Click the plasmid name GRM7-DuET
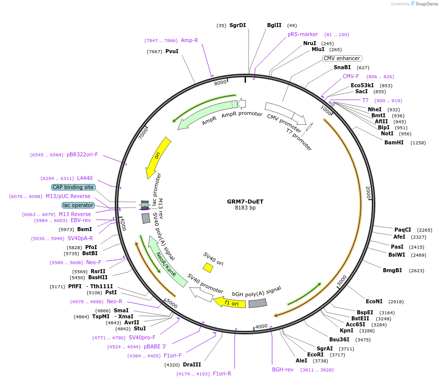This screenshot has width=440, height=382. (x=245, y=202)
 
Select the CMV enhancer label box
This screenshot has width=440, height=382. (x=342, y=58)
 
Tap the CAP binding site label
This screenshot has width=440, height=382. (x=73, y=187)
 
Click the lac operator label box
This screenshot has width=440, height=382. (x=78, y=205)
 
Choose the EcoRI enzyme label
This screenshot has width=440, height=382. (x=308, y=355)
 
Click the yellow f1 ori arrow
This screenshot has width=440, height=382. (x=230, y=302)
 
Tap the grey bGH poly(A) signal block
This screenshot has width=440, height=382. (x=258, y=303)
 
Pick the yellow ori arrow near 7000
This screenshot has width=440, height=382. (x=157, y=158)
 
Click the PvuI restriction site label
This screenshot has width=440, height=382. (x=172, y=51)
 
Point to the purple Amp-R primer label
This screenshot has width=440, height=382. (x=189, y=40)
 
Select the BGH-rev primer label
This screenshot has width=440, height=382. (x=283, y=369)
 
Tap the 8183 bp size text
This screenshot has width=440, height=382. (x=245, y=208)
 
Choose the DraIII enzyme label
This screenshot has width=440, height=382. (x=191, y=364)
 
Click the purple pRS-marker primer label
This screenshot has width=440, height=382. (x=303, y=34)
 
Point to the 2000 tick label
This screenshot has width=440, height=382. (x=368, y=193)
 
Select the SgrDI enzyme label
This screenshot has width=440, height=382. (x=238, y=25)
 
